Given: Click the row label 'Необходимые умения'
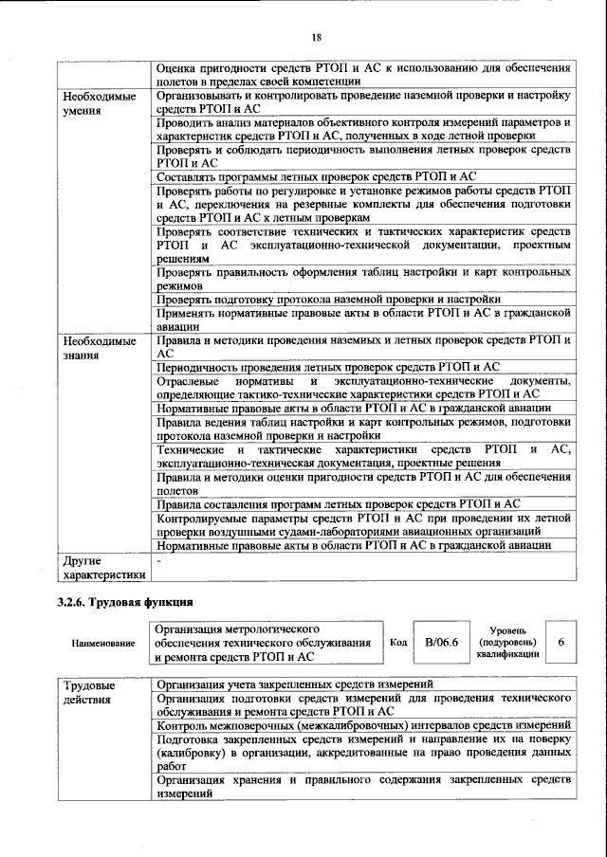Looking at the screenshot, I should click(99, 103).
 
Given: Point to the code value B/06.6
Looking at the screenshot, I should click(441, 642).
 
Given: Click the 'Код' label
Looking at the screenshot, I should click(399, 642).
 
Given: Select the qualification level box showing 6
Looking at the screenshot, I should click(561, 642).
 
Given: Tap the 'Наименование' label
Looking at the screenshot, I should click(101, 643).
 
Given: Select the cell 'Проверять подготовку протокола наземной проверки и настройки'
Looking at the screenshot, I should click(316, 298).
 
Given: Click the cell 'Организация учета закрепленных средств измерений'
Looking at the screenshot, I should click(295, 684).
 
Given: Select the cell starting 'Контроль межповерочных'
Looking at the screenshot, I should click(362, 725).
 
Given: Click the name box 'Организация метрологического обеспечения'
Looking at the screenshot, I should click(263, 642).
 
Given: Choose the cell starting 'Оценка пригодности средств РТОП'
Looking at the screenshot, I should click(362, 75).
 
